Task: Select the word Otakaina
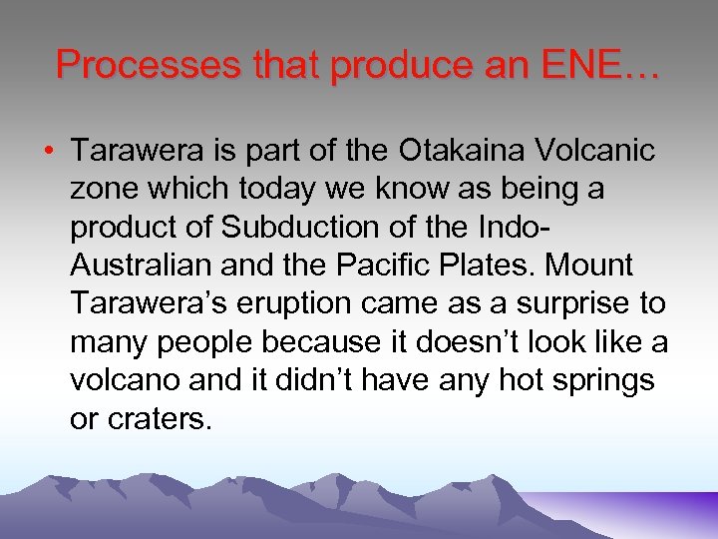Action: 456,152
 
